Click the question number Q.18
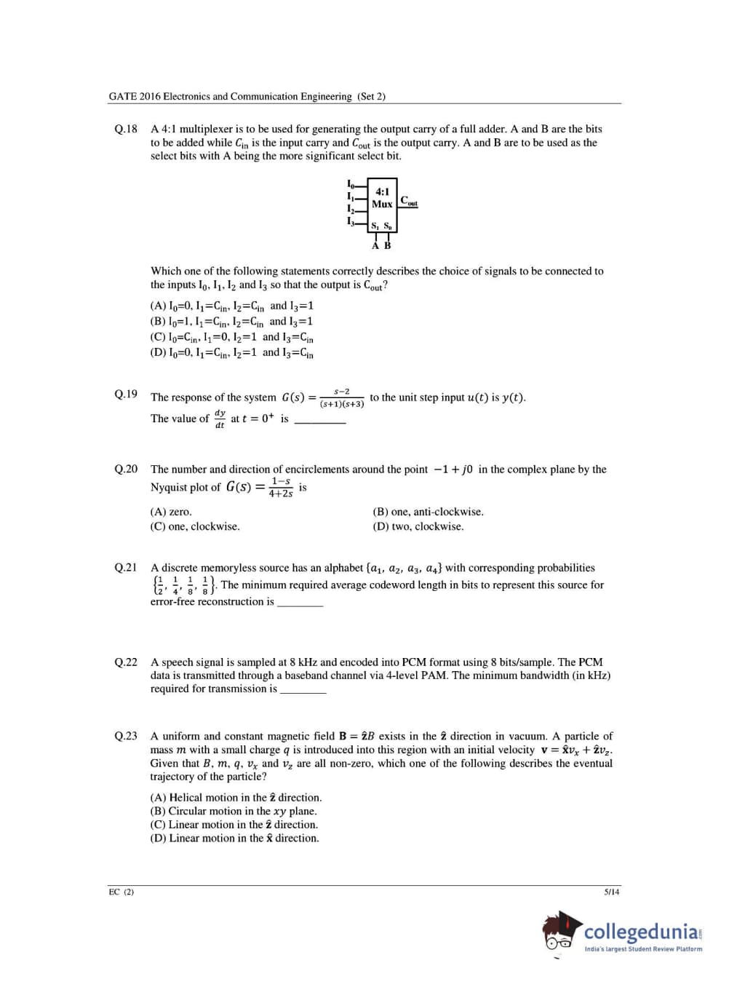pyautogui.click(x=126, y=129)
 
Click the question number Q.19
pyautogui.click(x=126, y=394)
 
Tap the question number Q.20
pyautogui.click(x=126, y=469)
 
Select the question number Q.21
pyautogui.click(x=126, y=568)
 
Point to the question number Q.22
pyautogui.click(x=126, y=662)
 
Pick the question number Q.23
pyautogui.click(x=126, y=736)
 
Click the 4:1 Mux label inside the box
pyautogui.click(x=382, y=198)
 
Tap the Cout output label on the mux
pyautogui.click(x=409, y=201)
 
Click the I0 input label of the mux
pyautogui.click(x=351, y=183)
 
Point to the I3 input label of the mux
pyautogui.click(x=351, y=221)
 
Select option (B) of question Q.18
pyautogui.click(x=231, y=322)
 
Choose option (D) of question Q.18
pyautogui.click(x=231, y=353)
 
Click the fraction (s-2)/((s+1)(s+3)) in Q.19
pyautogui.click(x=342, y=397)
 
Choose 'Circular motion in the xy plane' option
pyautogui.click(x=234, y=811)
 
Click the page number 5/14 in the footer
pyautogui.click(x=612, y=892)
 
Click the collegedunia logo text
pyautogui.click(x=642, y=932)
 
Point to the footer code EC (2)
pyautogui.click(x=121, y=892)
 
